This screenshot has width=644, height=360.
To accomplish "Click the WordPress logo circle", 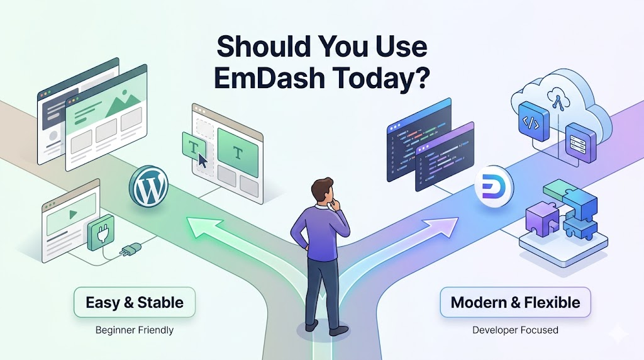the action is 148,186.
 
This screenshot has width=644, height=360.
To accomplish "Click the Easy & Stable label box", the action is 135,303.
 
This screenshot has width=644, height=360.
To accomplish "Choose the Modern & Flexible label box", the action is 516,303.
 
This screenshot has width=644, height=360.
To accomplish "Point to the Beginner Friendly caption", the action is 135,330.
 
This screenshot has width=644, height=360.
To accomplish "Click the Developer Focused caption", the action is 515,330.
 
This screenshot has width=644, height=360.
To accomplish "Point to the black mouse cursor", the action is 202,160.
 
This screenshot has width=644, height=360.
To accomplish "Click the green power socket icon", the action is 100,232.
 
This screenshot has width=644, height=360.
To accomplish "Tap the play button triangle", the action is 73,214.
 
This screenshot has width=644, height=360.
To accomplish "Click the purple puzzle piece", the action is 541,220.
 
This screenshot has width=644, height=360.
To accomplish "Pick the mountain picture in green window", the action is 123,105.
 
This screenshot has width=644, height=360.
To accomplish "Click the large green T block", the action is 238,153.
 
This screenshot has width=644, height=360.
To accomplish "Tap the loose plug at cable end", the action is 131,249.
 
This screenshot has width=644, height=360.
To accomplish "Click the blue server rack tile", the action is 580,143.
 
